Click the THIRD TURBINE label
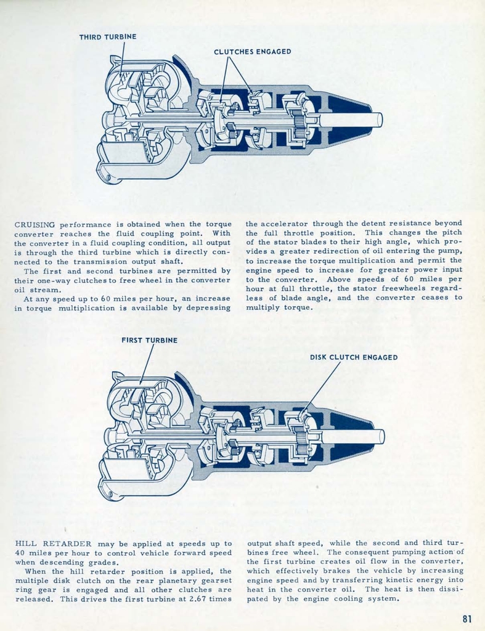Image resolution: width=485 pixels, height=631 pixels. tap(107, 37)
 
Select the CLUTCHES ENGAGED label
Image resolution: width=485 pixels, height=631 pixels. tap(252, 52)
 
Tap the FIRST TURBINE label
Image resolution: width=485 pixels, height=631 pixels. tap(149, 340)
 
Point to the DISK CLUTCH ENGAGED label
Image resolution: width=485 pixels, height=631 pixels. tap(353, 357)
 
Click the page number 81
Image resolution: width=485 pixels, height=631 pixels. tap(467, 619)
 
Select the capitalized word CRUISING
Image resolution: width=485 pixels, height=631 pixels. tap(35, 224)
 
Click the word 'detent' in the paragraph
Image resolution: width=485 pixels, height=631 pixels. tap(361, 224)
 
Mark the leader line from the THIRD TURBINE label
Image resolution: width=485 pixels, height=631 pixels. tap(121, 59)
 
